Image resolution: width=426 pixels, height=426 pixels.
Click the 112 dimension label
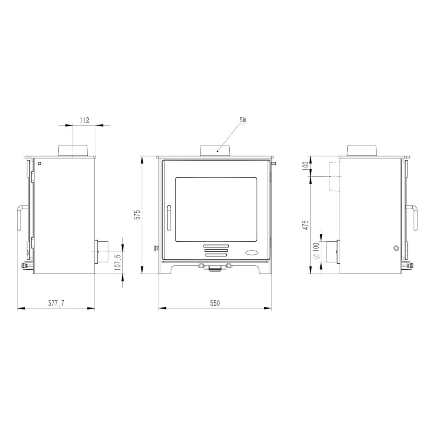84,120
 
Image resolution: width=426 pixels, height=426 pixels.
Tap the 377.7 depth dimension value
57,303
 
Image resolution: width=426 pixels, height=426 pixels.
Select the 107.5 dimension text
117,262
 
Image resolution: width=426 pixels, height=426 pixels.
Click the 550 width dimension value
215,303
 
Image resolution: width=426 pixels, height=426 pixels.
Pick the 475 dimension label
306,225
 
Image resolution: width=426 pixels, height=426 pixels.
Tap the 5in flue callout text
243,119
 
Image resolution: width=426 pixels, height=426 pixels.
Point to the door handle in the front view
169,218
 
